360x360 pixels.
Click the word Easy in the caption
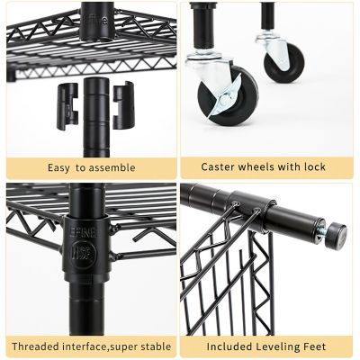(60, 167)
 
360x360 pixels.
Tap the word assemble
(112, 167)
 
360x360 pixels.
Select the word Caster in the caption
(217, 167)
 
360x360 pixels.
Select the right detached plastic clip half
(124, 101)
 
